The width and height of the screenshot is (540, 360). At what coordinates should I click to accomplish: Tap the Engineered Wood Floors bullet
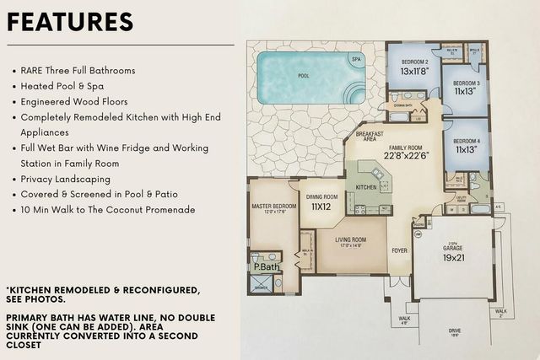click(x=78, y=102)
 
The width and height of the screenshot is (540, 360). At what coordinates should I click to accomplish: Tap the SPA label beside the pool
click(x=356, y=60)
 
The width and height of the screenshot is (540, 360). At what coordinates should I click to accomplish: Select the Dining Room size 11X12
click(x=321, y=206)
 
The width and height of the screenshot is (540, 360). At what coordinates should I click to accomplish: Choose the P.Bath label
click(x=267, y=268)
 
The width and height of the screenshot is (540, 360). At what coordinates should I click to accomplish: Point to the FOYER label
click(x=398, y=250)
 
